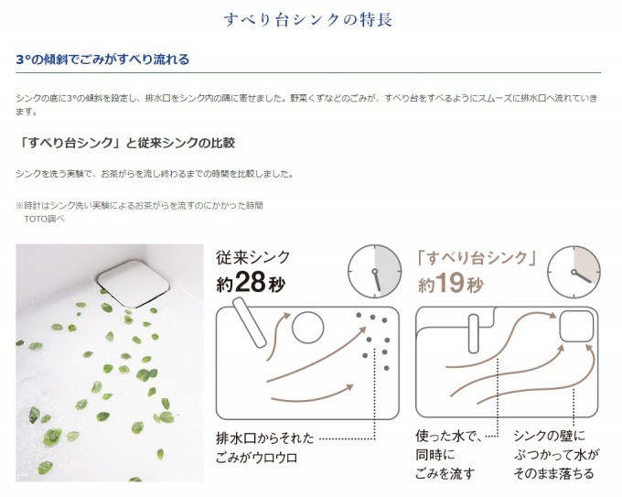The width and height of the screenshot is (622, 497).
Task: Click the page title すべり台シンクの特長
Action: coord(308,19)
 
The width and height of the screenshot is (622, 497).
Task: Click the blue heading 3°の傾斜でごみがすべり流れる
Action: coord(102,59)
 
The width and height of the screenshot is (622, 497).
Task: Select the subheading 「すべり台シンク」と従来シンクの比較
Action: coord(125,143)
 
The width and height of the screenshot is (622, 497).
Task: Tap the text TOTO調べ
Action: coord(44,219)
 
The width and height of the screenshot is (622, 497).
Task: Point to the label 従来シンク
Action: coord(253,257)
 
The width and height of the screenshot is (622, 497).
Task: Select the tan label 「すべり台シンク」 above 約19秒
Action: coord(477,258)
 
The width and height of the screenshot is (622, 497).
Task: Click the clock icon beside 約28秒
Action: coord(374,272)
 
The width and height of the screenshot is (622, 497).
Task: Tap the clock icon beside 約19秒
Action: coord(574,273)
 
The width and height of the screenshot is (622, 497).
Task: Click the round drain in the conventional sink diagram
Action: coord(308,328)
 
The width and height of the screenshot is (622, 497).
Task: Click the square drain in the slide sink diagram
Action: coord(577,327)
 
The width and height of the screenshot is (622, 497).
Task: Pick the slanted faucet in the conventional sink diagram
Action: coord(249,323)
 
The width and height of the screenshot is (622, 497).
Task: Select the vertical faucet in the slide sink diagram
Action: coord(474,334)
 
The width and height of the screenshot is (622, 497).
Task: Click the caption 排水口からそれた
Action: coord(265,438)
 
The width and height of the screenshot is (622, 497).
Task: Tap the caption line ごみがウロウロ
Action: coord(257,458)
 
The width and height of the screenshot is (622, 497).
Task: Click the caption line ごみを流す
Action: coord(445,473)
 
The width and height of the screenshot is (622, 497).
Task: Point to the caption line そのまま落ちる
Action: coord(553,473)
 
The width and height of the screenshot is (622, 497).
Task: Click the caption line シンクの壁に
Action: coord(550,436)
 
